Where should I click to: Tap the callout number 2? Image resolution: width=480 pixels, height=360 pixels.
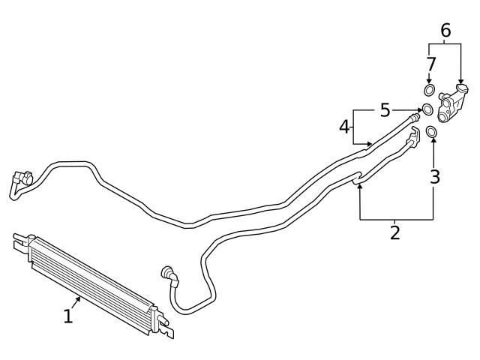click(394, 232)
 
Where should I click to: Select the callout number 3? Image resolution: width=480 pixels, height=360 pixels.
click(434, 177)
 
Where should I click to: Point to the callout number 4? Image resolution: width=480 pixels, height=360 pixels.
click(344, 127)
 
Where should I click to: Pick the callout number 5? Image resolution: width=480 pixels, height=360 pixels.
click(385, 110)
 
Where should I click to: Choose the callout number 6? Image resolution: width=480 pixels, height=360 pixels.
click(445, 31)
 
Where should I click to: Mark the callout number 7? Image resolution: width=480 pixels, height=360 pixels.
click(430, 64)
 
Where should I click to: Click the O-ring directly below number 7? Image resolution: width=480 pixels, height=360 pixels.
click(430, 91)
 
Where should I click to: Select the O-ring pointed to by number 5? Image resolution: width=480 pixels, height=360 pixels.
click(427, 110)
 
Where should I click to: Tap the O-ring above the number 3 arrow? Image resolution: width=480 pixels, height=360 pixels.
click(432, 133)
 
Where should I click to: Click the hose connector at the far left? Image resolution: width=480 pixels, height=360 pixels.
click(19, 182)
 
